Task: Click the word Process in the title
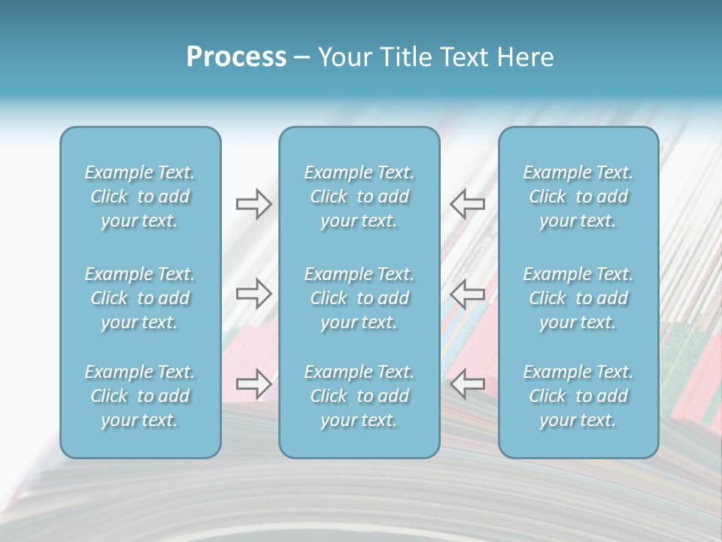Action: tap(236, 57)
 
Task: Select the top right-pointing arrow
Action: tap(253, 204)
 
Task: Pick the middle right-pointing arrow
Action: tap(253, 294)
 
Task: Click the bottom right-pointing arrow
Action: tap(253, 384)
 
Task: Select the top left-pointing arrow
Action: tap(467, 204)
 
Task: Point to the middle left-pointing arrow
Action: tap(467, 294)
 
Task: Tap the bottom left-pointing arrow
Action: tap(467, 384)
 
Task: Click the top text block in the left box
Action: tap(140, 196)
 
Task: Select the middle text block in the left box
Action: tap(140, 298)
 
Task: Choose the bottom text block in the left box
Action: tap(140, 396)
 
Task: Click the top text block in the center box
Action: tap(359, 196)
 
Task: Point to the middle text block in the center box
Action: tap(359, 298)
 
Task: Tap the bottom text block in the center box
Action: tap(359, 396)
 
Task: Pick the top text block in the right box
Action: tap(578, 196)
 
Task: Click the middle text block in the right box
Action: tap(578, 298)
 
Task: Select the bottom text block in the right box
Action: tap(578, 396)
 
